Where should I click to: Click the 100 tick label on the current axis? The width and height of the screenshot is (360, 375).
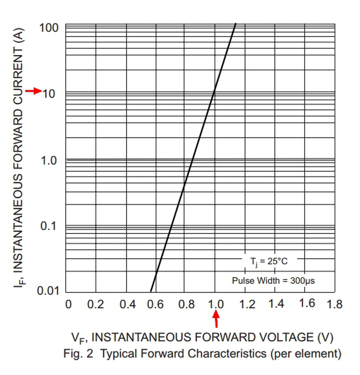[49, 27]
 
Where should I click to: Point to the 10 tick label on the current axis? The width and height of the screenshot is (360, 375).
[49, 94]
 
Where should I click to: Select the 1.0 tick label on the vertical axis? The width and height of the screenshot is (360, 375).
[49, 160]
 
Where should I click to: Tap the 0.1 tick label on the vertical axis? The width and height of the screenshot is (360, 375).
[49, 226]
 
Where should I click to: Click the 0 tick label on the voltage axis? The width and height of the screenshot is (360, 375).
[68, 304]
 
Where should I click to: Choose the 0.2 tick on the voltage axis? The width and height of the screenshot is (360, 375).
[96, 304]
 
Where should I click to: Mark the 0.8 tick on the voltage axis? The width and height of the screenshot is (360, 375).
[186, 304]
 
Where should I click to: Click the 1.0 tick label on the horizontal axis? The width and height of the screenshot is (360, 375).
[216, 304]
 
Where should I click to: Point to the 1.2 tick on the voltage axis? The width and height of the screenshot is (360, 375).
[247, 304]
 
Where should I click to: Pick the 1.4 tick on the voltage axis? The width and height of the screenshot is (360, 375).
[276, 304]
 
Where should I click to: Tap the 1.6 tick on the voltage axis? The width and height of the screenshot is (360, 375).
[307, 303]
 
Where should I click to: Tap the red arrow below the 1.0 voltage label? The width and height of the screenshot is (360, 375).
[216, 319]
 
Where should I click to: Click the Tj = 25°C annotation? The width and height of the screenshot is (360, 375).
[269, 261]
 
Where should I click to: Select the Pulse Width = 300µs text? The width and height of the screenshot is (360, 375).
[273, 281]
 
